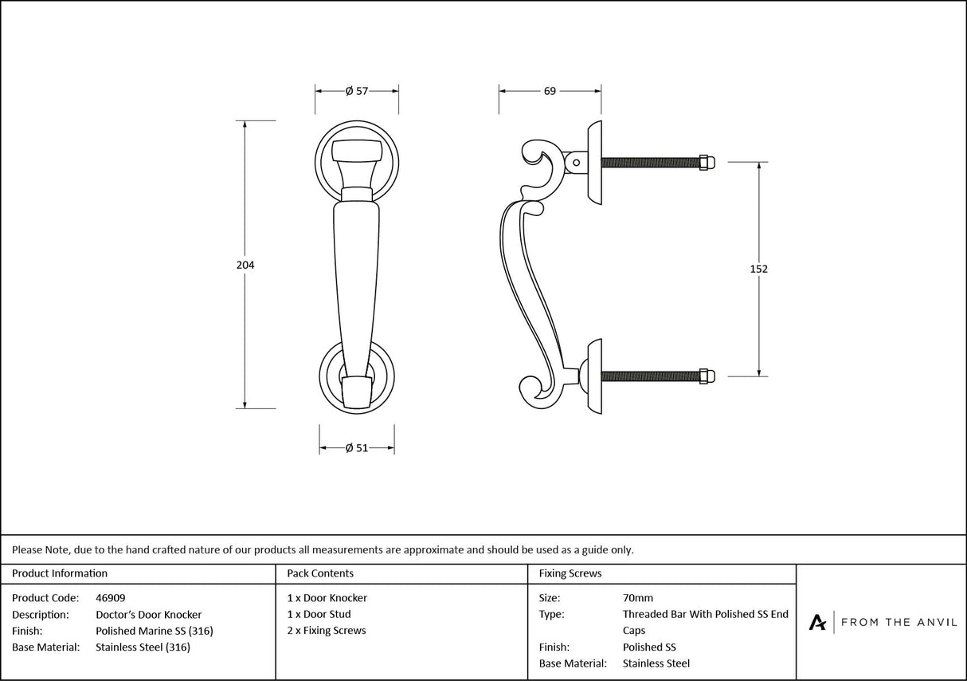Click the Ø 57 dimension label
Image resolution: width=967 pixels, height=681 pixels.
pos(357,91)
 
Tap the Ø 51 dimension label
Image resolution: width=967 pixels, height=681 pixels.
pos(357,448)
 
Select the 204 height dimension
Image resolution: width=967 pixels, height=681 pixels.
pos(245,265)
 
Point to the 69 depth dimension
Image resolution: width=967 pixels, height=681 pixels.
pos(550,91)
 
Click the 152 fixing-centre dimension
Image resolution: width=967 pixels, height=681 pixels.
pos(759,269)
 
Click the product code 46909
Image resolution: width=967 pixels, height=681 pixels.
pos(110,597)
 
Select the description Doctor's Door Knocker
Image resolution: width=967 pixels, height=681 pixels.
pos(148,614)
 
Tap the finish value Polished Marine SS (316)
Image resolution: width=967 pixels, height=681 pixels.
pos(154,631)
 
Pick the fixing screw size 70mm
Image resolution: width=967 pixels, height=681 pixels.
pos(637,597)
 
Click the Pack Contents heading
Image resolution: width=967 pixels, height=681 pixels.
pos(320,573)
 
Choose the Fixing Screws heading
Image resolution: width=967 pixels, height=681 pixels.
pos(570,573)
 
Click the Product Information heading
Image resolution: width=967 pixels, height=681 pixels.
pos(60,573)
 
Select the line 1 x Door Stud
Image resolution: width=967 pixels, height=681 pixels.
pos(319,614)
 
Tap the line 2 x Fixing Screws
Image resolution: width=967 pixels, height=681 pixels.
pos(327,631)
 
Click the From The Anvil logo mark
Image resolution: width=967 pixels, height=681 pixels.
pos(817,622)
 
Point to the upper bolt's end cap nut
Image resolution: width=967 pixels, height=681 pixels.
pos(707,162)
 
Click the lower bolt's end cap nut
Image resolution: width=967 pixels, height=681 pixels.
pos(707,376)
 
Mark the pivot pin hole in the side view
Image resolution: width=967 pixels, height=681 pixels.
pos(576,163)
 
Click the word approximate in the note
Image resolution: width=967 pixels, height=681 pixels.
pos(433,549)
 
